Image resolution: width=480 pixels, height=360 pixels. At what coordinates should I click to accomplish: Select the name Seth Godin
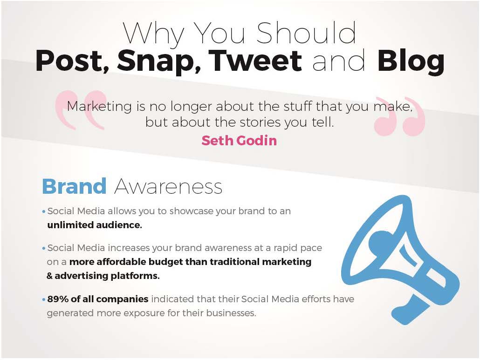tap(239, 140)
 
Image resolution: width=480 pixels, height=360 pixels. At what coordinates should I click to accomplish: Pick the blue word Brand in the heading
tap(74, 186)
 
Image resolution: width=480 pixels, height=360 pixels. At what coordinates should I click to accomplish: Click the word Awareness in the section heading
tap(168, 187)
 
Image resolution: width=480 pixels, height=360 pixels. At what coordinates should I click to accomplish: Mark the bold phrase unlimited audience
tap(94, 225)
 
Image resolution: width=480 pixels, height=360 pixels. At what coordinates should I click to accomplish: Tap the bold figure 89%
tap(58, 299)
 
